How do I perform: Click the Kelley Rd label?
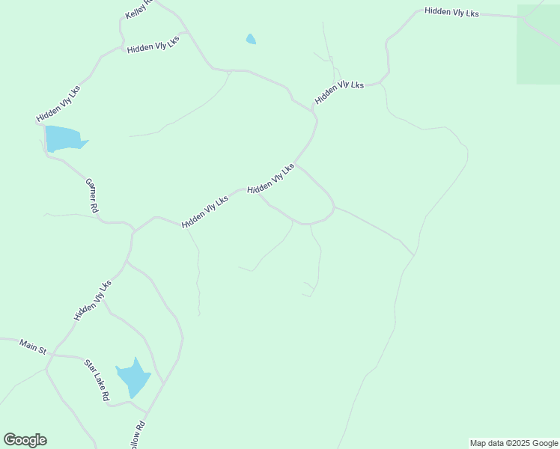139,9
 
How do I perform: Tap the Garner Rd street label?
92,196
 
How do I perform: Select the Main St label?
33,346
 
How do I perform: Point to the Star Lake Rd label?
97,380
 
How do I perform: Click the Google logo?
25,440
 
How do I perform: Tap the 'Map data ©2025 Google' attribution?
514,443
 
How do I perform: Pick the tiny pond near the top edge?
251,39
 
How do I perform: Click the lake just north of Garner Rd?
64,138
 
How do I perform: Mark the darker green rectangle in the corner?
538,45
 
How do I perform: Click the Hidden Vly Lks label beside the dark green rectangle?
451,12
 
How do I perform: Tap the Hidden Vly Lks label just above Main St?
93,301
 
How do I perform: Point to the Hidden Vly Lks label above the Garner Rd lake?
58,104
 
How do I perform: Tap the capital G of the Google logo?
10,440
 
